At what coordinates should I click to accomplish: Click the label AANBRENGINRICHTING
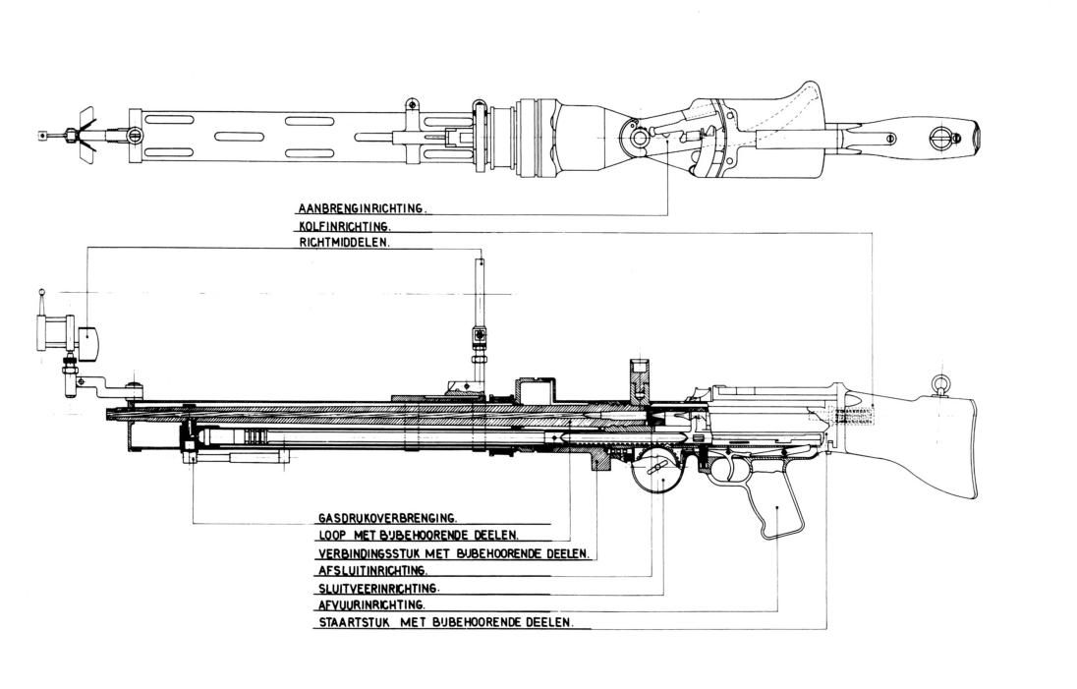coord(361,208)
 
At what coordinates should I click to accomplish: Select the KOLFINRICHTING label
coord(343,226)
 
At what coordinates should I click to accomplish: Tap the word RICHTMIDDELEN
coord(343,242)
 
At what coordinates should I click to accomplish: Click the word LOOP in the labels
coord(332,536)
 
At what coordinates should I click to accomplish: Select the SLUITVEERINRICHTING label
coord(377,589)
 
